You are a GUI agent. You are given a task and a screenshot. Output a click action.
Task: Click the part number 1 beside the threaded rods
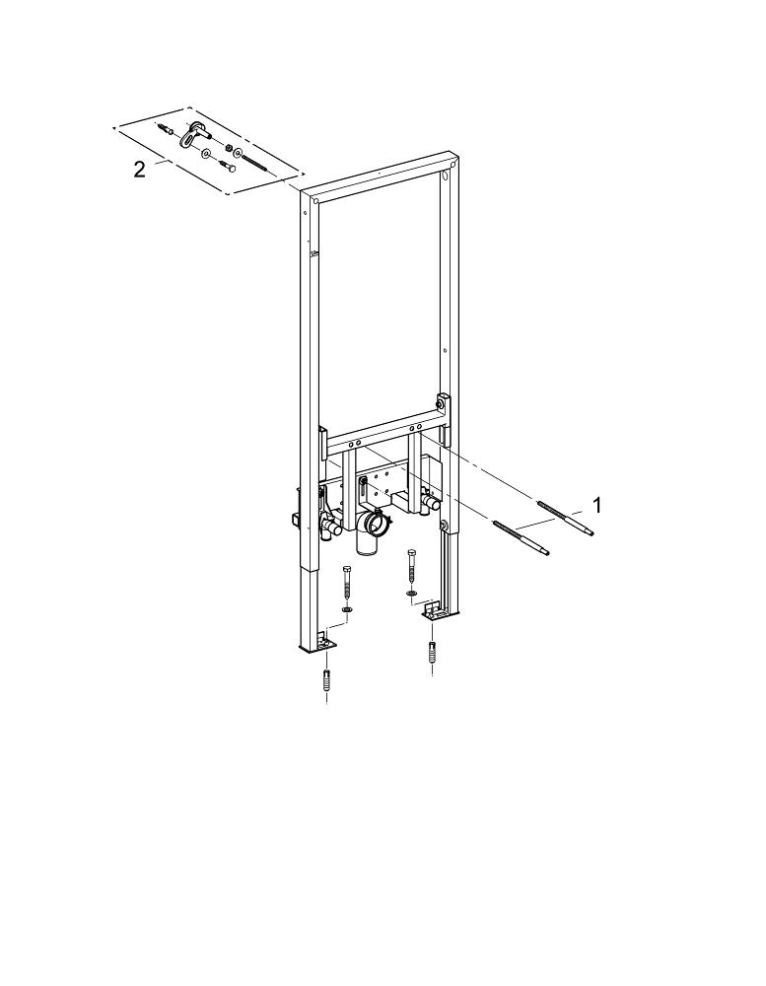coord(596,504)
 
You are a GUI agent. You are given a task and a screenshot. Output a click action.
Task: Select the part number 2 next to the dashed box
coord(139,169)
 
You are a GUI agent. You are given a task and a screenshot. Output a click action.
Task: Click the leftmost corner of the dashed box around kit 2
coord(113,127)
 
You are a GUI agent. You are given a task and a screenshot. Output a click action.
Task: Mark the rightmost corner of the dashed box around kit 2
coord(305,173)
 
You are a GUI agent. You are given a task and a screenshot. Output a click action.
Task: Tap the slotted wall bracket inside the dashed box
coord(193,133)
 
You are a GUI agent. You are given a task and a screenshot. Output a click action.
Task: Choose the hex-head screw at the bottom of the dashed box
coord(228,167)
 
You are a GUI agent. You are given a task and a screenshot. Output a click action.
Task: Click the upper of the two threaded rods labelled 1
coord(565,518)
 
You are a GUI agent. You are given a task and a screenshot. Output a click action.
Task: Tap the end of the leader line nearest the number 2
coord(153,166)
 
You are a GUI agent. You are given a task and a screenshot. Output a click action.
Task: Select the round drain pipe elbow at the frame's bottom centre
coord(371,529)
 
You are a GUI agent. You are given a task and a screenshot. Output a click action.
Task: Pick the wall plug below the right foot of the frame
coord(432,652)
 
